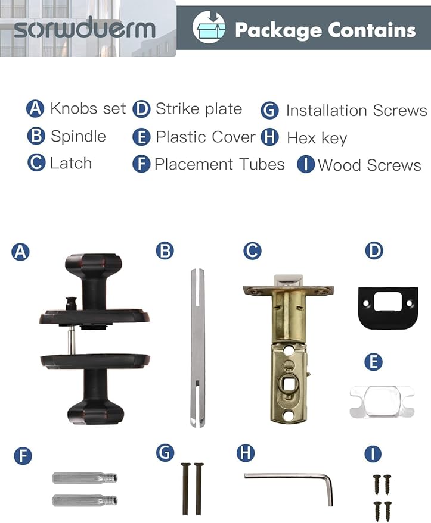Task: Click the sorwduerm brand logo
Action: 85,29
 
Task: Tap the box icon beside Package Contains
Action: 209,27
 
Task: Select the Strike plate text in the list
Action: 199,109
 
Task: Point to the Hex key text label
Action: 317,138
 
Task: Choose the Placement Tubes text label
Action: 219,164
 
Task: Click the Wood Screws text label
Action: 369,165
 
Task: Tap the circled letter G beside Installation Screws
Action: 269,111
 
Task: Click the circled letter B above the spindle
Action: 165,251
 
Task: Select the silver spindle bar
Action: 197,347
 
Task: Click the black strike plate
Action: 388,308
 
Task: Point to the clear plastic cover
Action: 382,401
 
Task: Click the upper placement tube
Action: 85,478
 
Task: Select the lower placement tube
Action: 85,500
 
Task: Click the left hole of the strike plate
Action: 366,303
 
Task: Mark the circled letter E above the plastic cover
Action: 373,362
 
